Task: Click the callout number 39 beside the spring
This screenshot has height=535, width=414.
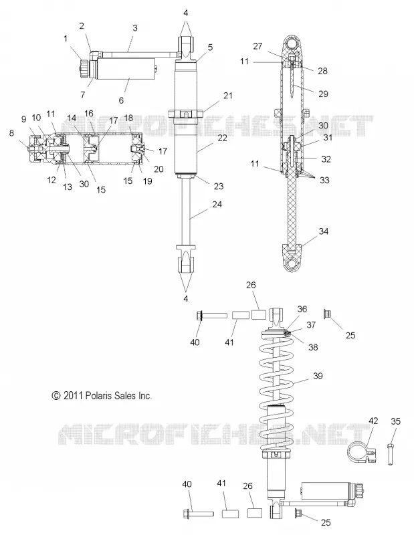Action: pos(318,376)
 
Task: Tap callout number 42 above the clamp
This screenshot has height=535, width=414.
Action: pos(373,421)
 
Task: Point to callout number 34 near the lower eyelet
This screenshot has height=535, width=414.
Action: pos(324,231)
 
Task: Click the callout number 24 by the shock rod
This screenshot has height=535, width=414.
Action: pos(217,205)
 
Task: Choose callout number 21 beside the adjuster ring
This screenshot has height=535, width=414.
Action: pos(228,96)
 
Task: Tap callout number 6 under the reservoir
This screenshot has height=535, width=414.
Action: pos(121,100)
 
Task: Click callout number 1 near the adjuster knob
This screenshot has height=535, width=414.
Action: pos(66,38)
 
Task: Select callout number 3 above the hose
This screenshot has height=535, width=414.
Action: pos(135,27)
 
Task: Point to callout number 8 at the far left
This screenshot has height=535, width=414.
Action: pos(11,133)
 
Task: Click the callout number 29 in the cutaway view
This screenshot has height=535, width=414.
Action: pos(323,94)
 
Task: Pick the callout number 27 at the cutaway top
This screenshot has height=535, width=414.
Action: pos(257,45)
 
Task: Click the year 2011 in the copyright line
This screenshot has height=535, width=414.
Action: pos(73,395)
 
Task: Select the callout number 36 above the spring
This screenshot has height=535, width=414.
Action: pos(302,309)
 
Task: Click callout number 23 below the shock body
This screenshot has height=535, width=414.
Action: pos(219,186)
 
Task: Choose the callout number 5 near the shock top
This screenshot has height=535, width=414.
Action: pos(210,47)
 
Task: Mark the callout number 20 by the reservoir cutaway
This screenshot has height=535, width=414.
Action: pos(159,169)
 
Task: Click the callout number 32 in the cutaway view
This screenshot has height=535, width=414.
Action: pos(326,159)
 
